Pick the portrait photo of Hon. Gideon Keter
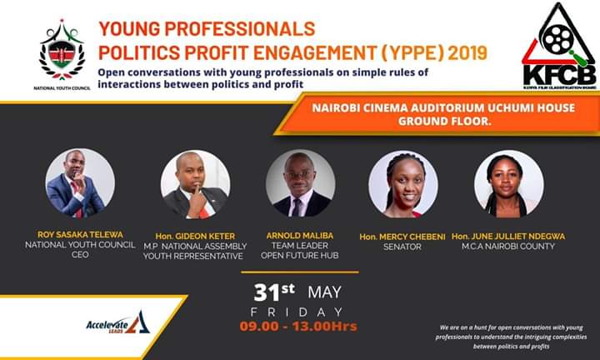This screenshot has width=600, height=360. pyautogui.click(x=194, y=185)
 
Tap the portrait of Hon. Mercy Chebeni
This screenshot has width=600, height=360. pyautogui.click(x=403, y=184)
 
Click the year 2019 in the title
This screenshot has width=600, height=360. pyautogui.click(x=462, y=53)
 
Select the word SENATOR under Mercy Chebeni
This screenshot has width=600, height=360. pyautogui.click(x=403, y=247)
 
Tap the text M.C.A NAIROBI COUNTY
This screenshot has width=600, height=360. pyautogui.click(x=508, y=247)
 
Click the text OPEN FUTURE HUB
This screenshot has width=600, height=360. pyautogui.click(x=300, y=257)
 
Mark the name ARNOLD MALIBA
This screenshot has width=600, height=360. pyautogui.click(x=300, y=236)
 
